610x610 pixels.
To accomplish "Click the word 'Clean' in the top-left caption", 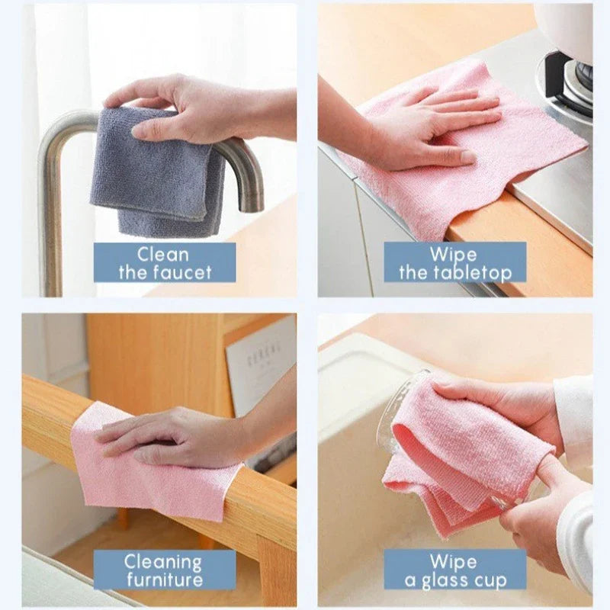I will click(164, 254).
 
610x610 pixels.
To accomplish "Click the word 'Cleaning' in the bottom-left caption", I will click(164, 563).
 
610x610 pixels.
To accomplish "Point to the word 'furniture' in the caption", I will click(164, 581).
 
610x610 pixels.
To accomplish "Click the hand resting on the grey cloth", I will click(183, 107).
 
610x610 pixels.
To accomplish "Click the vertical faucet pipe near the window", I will click(51, 229).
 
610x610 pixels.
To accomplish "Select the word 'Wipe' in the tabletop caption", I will click(453, 254).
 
